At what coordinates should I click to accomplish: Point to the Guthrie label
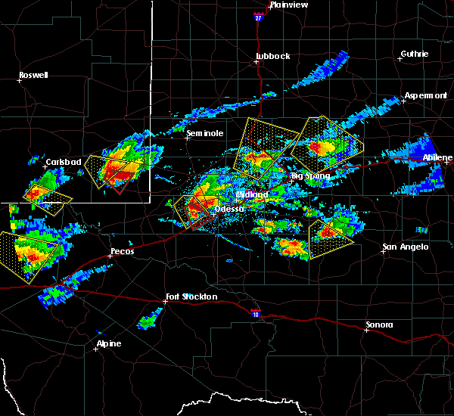[x=415, y=54]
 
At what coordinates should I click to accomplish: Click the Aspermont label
[x=426, y=95]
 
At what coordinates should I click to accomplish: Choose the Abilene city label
[x=437, y=157]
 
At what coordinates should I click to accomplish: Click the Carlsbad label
[x=63, y=162]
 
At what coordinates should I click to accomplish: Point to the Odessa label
[x=229, y=209]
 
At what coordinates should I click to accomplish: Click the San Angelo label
[x=405, y=247]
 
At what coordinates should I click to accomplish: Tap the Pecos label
[x=123, y=250]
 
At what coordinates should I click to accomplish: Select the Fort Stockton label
[x=192, y=296]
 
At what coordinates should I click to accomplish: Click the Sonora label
[x=380, y=324]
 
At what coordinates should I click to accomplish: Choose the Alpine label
[x=108, y=344]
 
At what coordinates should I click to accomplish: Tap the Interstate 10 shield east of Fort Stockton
[x=255, y=312]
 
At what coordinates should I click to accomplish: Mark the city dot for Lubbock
[x=257, y=62]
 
